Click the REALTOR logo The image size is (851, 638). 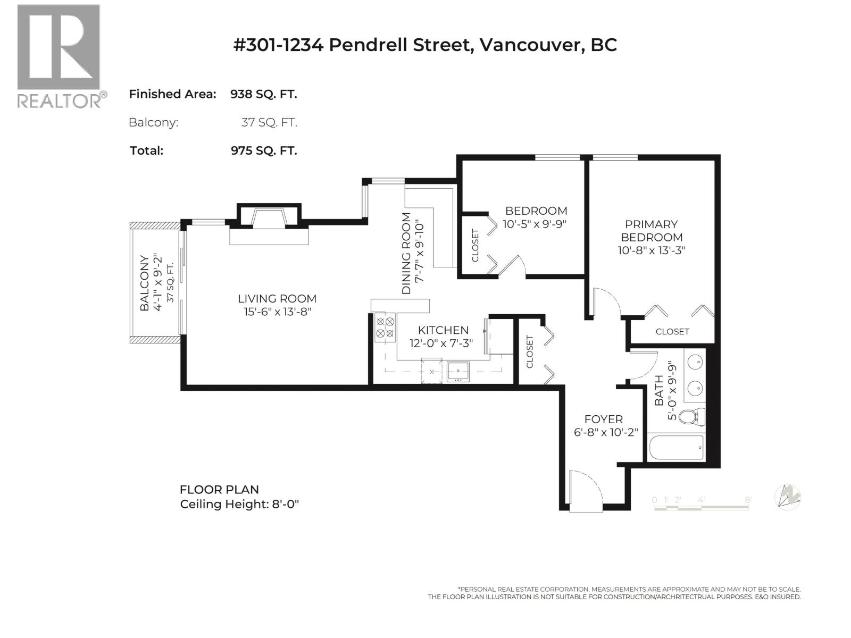pyautogui.click(x=59, y=56)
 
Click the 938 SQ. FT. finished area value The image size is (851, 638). pyautogui.click(x=263, y=94)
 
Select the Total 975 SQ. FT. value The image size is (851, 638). pyautogui.click(x=263, y=150)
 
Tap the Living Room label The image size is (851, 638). pyautogui.click(x=277, y=299)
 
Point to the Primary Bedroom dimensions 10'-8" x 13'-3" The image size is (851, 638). pyautogui.click(x=651, y=250)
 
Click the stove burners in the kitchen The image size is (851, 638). pyautogui.click(x=385, y=328)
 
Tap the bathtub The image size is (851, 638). pyautogui.click(x=676, y=448)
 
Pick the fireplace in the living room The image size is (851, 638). pyautogui.click(x=269, y=219)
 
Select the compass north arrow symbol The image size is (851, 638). pyautogui.click(x=788, y=498)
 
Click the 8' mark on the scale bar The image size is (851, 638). pyautogui.click(x=748, y=500)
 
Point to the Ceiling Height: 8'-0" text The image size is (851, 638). pyautogui.click(x=239, y=504)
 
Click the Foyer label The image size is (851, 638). pyautogui.click(x=603, y=419)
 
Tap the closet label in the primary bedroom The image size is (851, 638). pyautogui.click(x=672, y=331)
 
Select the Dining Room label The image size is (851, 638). pyautogui.click(x=406, y=253)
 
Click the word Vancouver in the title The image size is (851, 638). pyautogui.click(x=529, y=45)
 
